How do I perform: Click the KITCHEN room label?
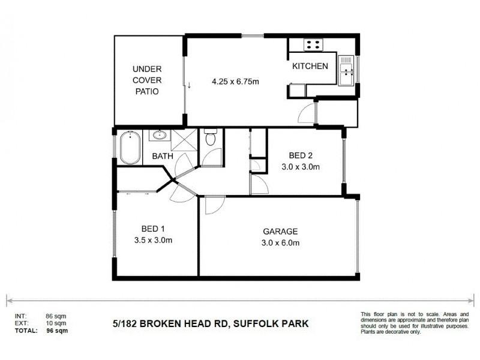click(310, 67)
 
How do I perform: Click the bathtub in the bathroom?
click(129, 148)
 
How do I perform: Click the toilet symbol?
click(209, 139)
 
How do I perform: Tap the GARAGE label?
click(280, 232)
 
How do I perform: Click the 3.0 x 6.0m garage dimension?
click(281, 243)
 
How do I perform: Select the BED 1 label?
click(153, 229)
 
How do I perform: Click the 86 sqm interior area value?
click(55, 316)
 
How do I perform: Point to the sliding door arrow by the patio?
click(189, 85)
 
